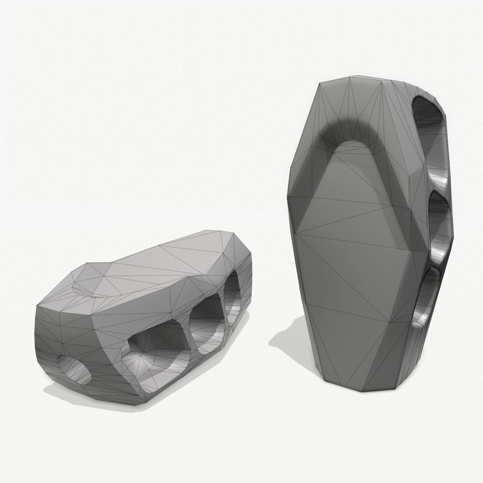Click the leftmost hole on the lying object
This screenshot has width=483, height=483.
pos(74,368)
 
